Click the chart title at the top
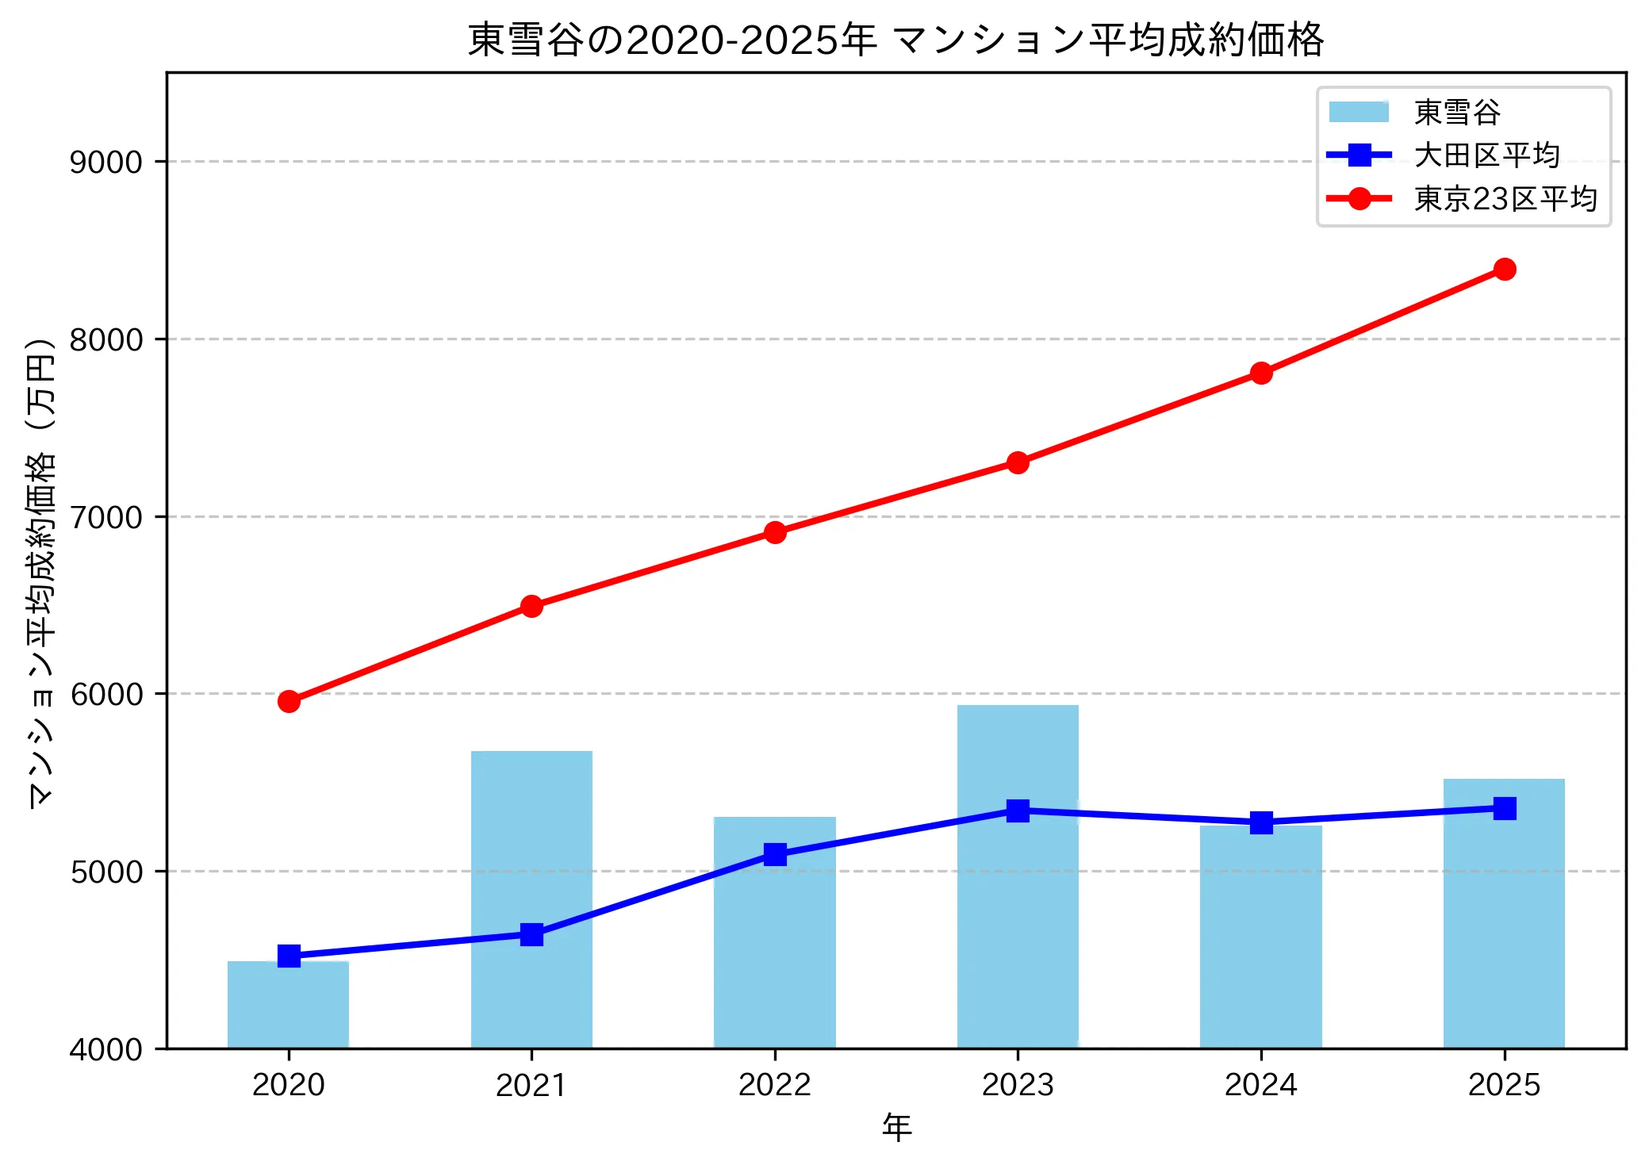(x=895, y=40)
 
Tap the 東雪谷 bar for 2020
(x=288, y=1007)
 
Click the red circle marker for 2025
(x=1504, y=270)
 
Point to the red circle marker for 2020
(x=289, y=701)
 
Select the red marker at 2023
(x=1018, y=462)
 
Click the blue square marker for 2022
(x=775, y=854)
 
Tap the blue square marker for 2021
(x=531, y=934)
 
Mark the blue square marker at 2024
(x=1261, y=822)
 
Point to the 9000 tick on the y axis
(x=105, y=163)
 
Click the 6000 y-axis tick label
(x=105, y=695)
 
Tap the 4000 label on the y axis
(x=105, y=1050)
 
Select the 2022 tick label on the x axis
(x=775, y=1085)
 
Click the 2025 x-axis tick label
(x=1504, y=1085)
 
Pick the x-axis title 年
(x=896, y=1128)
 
